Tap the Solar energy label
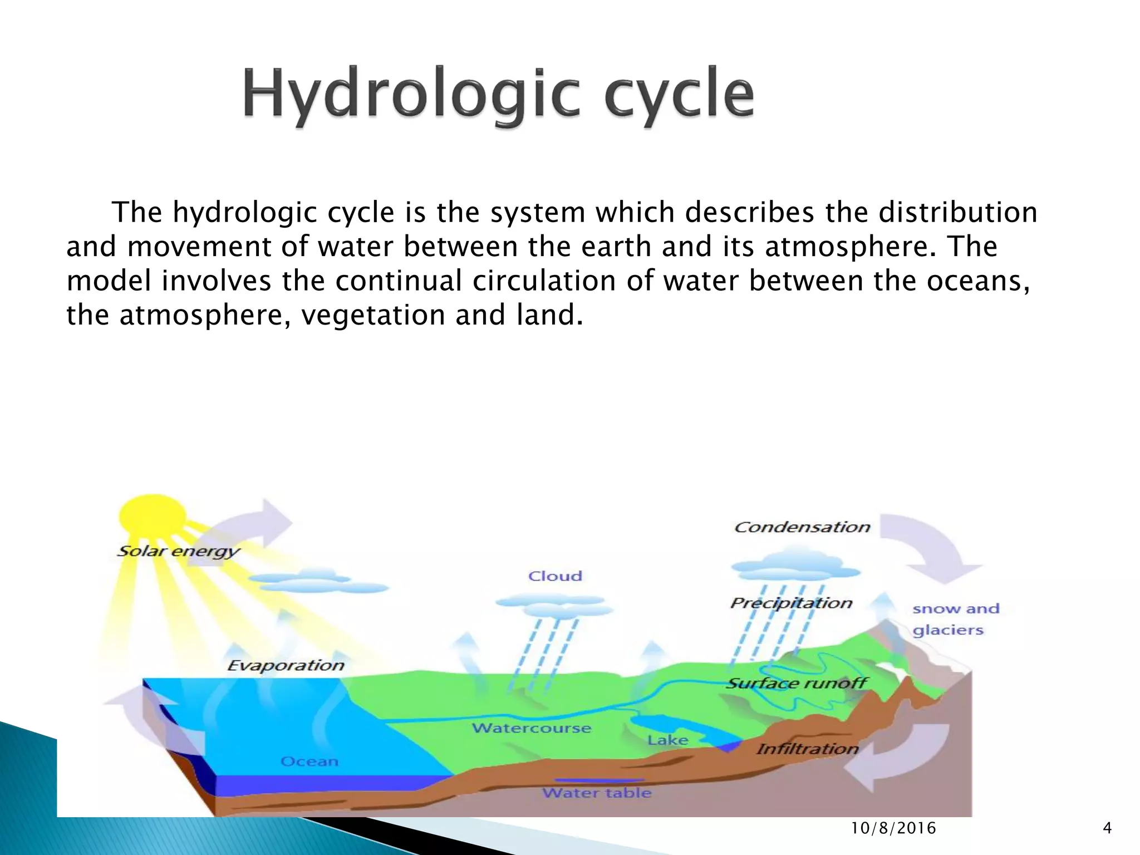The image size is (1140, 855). tap(178, 551)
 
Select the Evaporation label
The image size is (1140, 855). tap(286, 665)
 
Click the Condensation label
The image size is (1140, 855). tap(802, 527)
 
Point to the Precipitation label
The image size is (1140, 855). tap(791, 603)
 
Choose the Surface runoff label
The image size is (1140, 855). tap(797, 683)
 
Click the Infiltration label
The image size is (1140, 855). tap(807, 749)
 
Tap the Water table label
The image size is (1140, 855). tap(597, 793)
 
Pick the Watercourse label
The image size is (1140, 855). tap(531, 728)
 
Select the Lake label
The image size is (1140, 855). tap(667, 740)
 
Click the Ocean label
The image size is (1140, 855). tap(309, 761)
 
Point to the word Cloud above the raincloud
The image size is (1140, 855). tap(555, 576)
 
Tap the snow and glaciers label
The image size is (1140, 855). tap(955, 619)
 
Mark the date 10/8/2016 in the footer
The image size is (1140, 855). tap(893, 828)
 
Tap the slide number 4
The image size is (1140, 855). tap(1107, 828)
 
